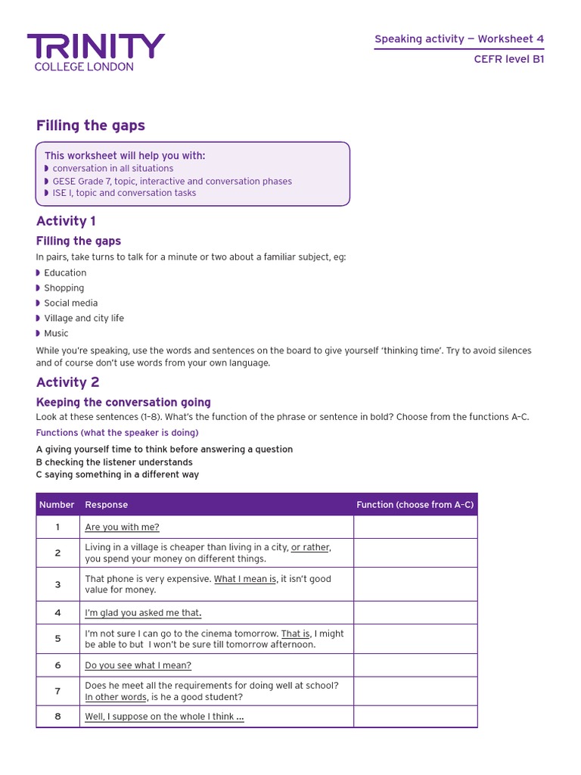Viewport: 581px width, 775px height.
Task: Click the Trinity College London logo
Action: (95, 51)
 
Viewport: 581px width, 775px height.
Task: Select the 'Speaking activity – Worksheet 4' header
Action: (459, 39)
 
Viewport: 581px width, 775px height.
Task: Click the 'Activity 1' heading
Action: (67, 221)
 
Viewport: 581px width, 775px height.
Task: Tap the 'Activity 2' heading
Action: (68, 382)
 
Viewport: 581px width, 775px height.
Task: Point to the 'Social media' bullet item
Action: (71, 303)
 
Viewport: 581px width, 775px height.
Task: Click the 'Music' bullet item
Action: (56, 333)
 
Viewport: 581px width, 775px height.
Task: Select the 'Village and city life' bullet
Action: (84, 318)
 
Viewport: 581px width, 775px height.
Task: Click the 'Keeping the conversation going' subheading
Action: (123, 403)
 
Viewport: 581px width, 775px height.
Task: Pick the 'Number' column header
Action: (57, 505)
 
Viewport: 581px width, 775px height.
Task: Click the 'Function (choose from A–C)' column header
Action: (415, 505)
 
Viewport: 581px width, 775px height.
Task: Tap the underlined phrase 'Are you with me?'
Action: (122, 528)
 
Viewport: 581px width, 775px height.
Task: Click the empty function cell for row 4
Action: (415, 613)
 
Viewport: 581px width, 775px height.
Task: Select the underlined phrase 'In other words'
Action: (116, 697)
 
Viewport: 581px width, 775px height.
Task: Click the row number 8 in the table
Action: (57, 717)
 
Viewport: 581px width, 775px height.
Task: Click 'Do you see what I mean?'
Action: (138, 665)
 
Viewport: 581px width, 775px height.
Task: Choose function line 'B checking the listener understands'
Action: (114, 462)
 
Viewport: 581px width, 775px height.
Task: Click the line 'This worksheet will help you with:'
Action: (125, 156)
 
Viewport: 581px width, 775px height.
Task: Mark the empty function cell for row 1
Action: (415, 528)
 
